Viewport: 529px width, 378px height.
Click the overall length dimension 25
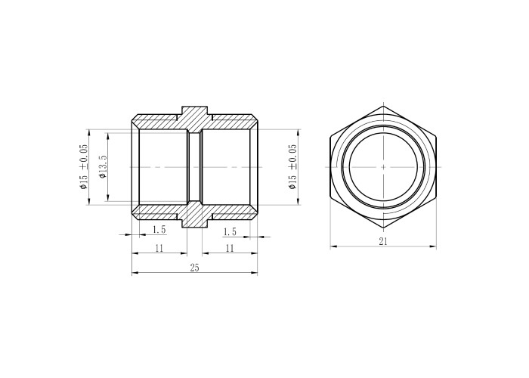(195, 268)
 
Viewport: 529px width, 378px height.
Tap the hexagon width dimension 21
(383, 241)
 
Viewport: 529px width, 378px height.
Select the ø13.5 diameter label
(103, 167)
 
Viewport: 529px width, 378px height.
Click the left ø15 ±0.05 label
(83, 166)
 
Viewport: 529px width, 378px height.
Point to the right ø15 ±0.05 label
(292, 166)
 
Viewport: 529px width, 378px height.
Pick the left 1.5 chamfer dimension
(159, 230)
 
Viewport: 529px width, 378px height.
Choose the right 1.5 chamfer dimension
(230, 232)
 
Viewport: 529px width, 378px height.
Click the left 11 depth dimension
(159, 249)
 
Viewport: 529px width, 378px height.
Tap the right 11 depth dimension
(230, 249)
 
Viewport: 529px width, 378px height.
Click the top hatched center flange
(195, 119)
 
